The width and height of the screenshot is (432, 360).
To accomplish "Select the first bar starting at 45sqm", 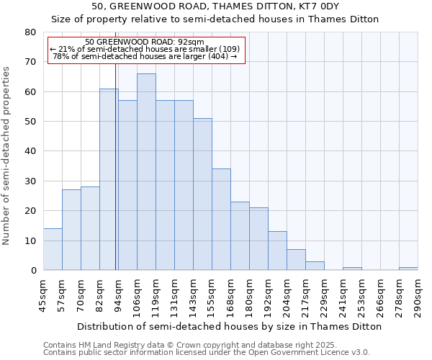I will (53, 249).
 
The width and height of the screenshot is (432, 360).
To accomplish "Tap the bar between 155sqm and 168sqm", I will (221, 220).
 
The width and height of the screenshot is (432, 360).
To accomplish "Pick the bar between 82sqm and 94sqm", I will (109, 179).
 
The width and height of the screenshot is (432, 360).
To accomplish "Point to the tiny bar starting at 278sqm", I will (408, 269).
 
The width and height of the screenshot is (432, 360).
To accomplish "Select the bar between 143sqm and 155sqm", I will (202, 194).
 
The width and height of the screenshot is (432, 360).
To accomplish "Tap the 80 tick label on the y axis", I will (30, 32).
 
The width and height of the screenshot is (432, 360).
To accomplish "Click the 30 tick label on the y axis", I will (30, 181).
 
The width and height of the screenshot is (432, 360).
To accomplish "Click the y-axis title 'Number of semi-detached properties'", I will (6, 155).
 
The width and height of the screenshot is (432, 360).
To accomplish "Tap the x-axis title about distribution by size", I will (230, 326).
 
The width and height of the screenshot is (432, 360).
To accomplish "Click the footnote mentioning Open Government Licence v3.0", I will (207, 353).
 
